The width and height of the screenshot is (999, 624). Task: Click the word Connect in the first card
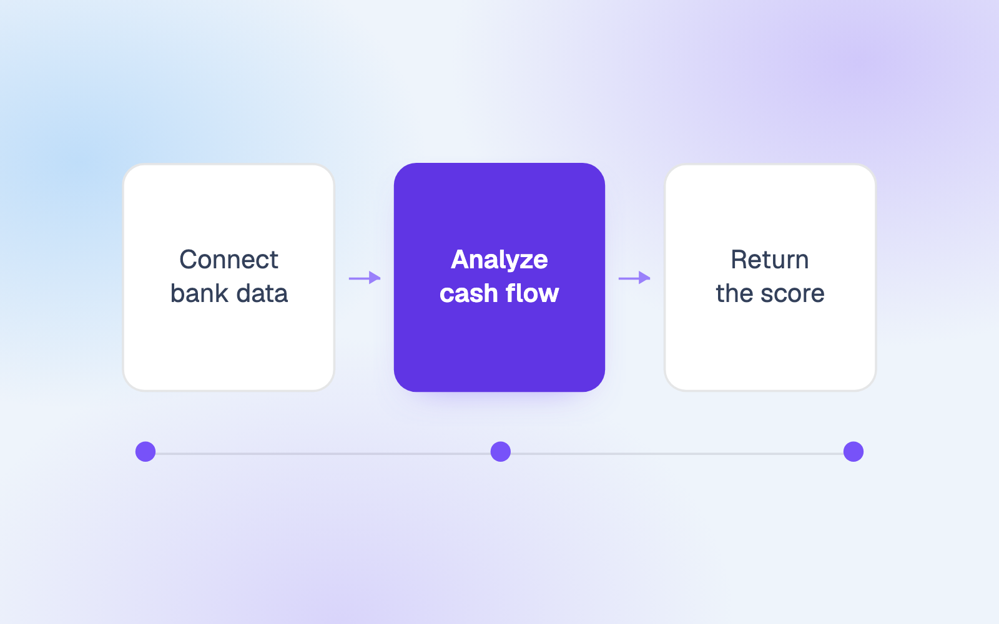tap(229, 260)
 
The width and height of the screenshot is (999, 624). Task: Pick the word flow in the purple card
tap(532, 293)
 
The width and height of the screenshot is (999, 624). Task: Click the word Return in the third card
tap(770, 260)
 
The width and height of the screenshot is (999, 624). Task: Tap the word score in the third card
tap(792, 293)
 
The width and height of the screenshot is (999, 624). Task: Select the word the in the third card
tap(734, 293)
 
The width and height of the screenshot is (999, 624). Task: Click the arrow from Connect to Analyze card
tap(365, 278)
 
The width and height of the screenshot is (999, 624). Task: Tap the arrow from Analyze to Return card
tap(634, 278)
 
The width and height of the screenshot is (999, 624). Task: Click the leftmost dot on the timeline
tap(145, 452)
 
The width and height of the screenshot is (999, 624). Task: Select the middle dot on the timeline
tap(500, 452)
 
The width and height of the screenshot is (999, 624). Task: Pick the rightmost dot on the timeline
tap(854, 452)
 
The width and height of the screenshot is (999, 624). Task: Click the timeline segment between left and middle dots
tap(323, 454)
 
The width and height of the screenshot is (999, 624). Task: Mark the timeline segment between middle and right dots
tap(677, 454)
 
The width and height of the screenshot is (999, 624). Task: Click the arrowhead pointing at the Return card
tap(644, 278)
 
